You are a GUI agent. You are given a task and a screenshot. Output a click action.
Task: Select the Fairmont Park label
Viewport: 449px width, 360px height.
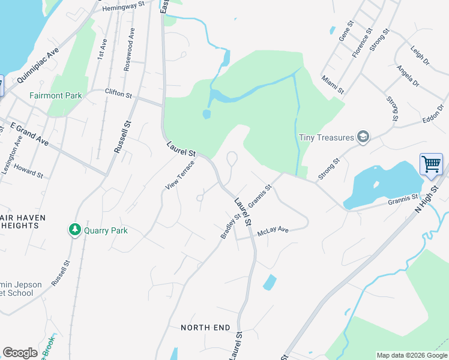[x=56, y=95]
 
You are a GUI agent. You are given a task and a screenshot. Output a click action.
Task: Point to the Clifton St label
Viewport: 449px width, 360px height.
[x=118, y=92]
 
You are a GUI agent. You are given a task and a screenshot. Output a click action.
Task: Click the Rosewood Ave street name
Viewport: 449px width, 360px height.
[x=129, y=55]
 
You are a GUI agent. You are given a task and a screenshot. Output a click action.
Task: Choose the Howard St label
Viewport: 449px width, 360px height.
[x=28, y=170]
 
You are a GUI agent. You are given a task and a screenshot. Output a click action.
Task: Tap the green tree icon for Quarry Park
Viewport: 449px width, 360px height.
[x=74, y=230]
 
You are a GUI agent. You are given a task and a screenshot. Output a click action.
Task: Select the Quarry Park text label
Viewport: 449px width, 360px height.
[x=106, y=230]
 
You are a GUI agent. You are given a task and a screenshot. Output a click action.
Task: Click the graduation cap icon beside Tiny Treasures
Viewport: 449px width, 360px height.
[x=363, y=137]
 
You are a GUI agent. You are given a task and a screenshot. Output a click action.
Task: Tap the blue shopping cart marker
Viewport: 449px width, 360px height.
[x=431, y=164]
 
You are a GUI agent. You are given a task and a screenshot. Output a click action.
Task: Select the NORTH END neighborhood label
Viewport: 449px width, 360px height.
[x=205, y=328]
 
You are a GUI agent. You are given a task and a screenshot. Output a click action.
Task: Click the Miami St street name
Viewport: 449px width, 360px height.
[x=332, y=85]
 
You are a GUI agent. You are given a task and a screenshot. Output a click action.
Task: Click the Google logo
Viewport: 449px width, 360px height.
[x=20, y=353]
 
